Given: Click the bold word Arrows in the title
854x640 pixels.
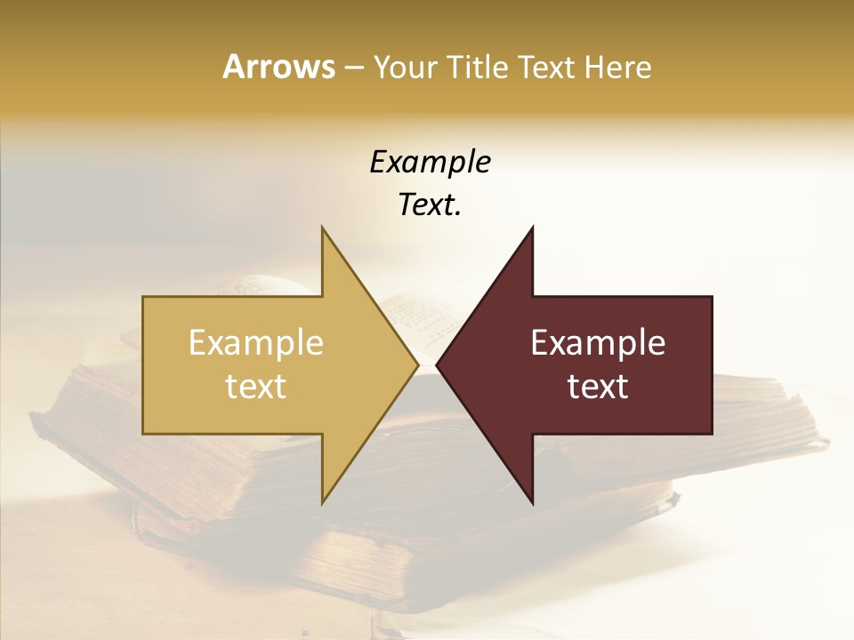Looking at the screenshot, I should click(278, 67).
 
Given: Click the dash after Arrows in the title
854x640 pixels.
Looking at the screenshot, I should click(352, 68).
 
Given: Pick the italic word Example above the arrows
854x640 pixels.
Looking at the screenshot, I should click(430, 163).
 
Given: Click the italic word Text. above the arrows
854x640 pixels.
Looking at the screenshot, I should click(430, 205).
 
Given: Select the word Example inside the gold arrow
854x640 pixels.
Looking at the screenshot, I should click(256, 343).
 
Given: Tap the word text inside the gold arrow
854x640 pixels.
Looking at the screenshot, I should click(256, 386).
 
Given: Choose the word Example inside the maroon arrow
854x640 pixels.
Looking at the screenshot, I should click(598, 343).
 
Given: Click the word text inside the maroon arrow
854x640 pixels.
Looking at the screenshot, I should click(598, 386).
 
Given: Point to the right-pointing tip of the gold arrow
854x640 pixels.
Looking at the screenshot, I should click(417, 364).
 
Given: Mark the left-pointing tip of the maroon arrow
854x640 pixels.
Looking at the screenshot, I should click(437, 364).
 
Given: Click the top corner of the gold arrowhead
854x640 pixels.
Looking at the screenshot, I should click(322, 228).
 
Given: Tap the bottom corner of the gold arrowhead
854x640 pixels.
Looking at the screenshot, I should click(322, 502).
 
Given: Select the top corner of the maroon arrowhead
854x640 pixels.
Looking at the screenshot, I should click(532, 228).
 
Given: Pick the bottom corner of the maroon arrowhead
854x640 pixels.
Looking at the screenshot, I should click(532, 502).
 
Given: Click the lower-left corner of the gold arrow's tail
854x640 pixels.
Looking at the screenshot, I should click(144, 433).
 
